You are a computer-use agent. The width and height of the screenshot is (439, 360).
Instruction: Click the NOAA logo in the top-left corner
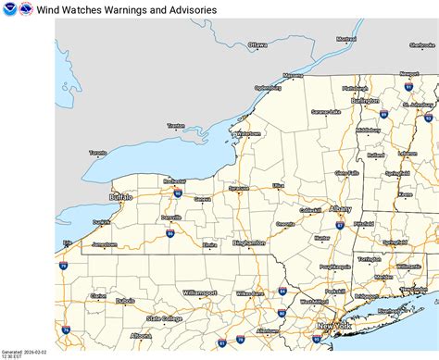pos(9,9)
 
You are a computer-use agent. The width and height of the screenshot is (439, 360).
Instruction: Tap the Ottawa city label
pos(257,44)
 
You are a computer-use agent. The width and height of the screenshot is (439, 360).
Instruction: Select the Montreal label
pos(346,39)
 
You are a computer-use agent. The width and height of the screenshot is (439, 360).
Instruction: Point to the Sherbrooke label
pos(421,44)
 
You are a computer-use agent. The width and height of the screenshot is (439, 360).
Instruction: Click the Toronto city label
pos(98,153)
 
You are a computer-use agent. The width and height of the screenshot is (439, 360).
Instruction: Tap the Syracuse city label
pos(239,188)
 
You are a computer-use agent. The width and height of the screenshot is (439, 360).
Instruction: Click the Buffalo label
pos(120,197)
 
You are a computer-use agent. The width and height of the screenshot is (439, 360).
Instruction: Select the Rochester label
pos(174,181)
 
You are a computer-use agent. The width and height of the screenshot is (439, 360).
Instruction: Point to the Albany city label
pos(340,209)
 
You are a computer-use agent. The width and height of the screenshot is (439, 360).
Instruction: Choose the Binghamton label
pos(249,242)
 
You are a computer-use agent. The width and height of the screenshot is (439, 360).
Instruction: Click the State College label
pos(165,318)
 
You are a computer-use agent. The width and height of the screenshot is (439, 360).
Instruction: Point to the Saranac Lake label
pos(325,111)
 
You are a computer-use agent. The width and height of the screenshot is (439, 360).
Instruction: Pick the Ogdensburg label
pos(268,88)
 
